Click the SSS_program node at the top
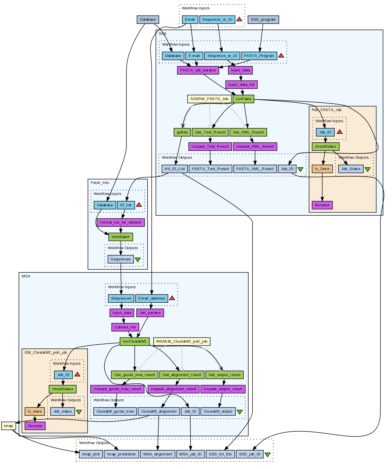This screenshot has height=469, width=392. [263, 20]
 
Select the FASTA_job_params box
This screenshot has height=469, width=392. [198, 70]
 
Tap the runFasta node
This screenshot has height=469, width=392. [243, 99]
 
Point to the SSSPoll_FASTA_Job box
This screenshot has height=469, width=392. [209, 99]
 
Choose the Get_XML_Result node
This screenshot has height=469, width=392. [248, 132]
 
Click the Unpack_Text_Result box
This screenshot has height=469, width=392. [210, 147]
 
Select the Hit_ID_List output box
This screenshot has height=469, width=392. [175, 169]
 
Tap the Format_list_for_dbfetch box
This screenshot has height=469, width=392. [121, 222]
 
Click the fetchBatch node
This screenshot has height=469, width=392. [121, 237]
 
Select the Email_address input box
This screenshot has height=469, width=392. [151, 298]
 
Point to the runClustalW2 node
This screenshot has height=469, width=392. [134, 341]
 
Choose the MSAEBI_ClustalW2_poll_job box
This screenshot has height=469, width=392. [182, 341]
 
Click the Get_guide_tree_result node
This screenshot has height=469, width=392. [135, 375]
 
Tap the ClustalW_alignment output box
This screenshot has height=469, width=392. [159, 411]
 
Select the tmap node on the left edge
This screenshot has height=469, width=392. [8, 426]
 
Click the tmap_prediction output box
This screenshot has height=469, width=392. [122, 454]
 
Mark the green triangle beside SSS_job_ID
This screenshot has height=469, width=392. [267, 455]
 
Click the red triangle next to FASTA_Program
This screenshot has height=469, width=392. [281, 56]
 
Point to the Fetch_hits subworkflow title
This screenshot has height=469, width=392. [100, 183]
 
